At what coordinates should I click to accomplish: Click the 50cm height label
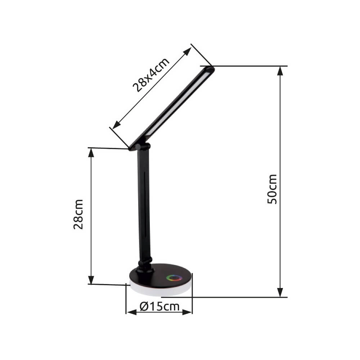[x=273, y=189]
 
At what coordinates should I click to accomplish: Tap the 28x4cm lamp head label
[x=151, y=75]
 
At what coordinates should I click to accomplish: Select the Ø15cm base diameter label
[x=159, y=307]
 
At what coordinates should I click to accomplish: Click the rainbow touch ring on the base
[x=174, y=278]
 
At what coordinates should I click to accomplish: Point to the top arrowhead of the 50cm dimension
[x=280, y=71]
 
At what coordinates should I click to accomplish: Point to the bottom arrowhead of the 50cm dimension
[x=280, y=292]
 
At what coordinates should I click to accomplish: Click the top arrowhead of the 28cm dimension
[x=91, y=153]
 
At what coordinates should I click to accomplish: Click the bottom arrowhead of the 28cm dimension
[x=91, y=279]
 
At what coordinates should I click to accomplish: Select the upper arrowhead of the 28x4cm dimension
[x=187, y=52]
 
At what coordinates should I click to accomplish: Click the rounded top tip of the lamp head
[x=210, y=68]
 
